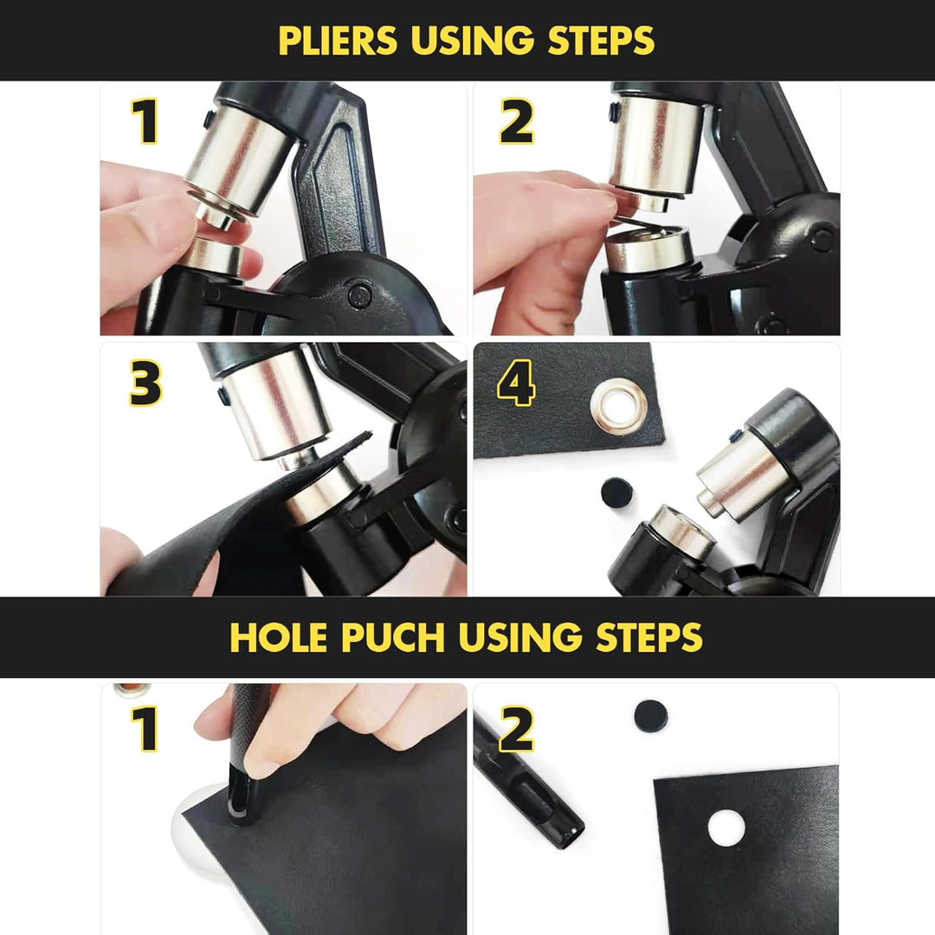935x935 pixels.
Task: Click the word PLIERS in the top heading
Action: tap(338, 40)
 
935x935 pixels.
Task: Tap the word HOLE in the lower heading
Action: tap(279, 637)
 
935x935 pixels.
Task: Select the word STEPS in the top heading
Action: tap(601, 40)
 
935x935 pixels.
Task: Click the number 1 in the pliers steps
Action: tap(145, 122)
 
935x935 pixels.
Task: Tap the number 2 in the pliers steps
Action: tap(516, 122)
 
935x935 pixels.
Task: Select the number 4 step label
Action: tap(516, 383)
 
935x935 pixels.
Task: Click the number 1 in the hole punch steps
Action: tap(145, 728)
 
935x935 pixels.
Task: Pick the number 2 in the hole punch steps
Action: tap(516, 728)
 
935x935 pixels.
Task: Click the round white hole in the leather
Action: tap(726, 829)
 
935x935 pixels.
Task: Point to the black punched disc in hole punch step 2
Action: tap(650, 716)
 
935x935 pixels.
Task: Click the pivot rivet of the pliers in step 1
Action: tap(359, 295)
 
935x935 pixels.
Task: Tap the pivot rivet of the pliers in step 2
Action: tap(822, 239)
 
